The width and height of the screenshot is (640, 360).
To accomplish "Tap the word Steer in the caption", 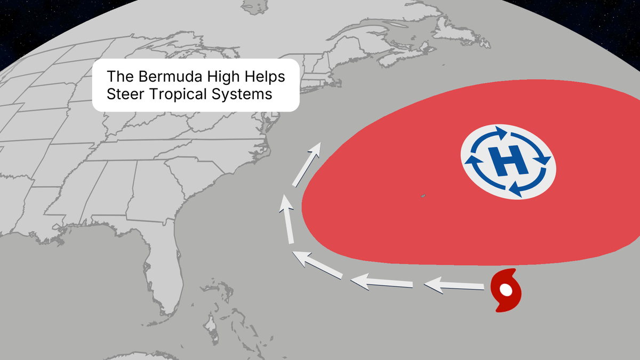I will point(123,94).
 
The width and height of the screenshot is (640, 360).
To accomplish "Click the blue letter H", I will point(508,161).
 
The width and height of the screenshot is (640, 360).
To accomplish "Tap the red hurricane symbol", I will point(505,291).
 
